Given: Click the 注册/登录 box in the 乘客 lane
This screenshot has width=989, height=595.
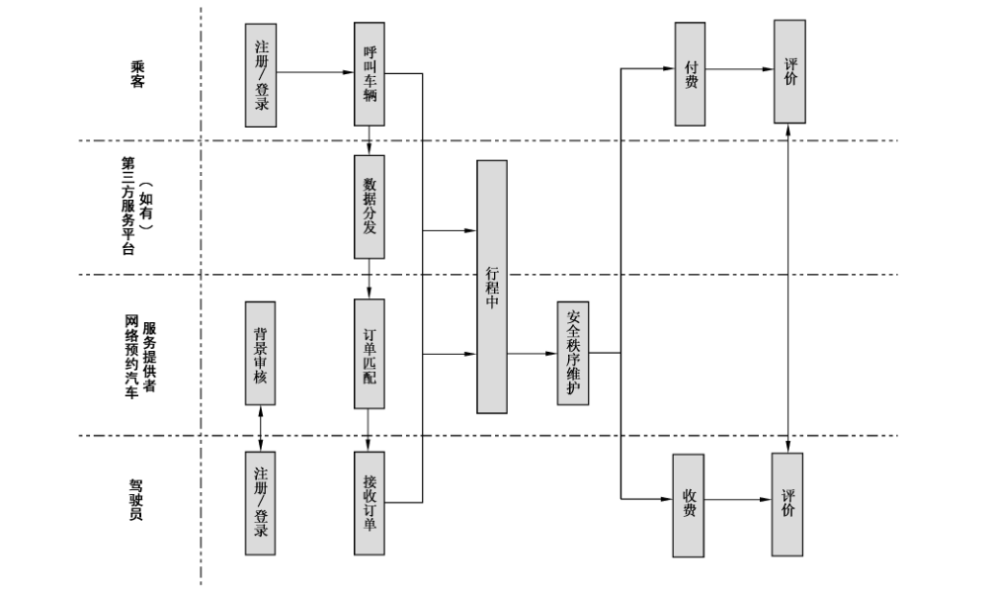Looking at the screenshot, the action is (x=261, y=75).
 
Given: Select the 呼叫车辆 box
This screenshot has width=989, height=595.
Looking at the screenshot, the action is (x=369, y=74).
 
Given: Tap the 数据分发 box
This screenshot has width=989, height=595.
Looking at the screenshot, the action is (x=369, y=207).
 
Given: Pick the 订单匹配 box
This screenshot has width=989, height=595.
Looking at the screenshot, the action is (x=369, y=354).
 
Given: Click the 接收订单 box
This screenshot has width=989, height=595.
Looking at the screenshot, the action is (x=369, y=503).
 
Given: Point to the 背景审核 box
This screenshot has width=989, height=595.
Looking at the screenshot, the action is (x=260, y=353).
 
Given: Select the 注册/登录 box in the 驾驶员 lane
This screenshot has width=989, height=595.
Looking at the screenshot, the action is (x=260, y=503).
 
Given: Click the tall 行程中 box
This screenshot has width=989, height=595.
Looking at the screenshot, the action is (x=492, y=287).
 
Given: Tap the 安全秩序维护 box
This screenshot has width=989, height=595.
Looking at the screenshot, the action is (x=573, y=353).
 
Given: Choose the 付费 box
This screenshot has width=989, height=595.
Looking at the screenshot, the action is (x=690, y=74).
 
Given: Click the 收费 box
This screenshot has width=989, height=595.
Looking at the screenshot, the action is (x=688, y=505).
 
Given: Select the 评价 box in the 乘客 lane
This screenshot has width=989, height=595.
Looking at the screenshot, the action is (x=789, y=71).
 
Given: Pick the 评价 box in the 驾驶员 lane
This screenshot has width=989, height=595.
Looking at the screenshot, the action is (x=787, y=505).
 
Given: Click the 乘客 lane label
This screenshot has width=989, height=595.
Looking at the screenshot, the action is (x=137, y=74).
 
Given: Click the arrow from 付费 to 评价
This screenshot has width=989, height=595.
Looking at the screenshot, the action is (x=739, y=69).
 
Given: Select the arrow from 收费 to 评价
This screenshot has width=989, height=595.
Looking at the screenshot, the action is (x=737, y=500).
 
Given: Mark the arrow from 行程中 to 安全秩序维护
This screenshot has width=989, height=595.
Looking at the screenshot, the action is (x=533, y=353).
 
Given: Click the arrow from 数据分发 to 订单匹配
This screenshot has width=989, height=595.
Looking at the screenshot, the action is (x=369, y=279).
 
